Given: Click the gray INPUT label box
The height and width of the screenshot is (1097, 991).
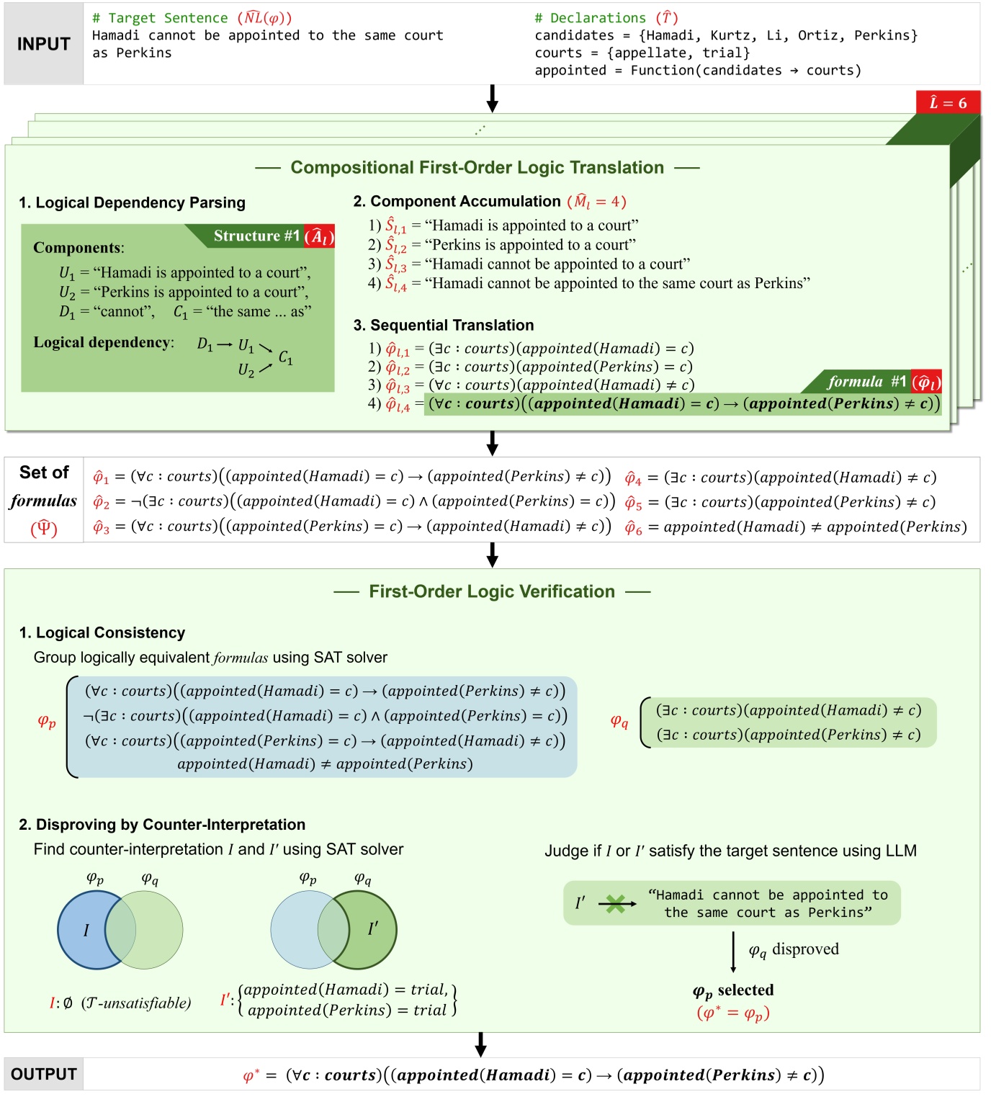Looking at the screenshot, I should pyautogui.click(x=43, y=44).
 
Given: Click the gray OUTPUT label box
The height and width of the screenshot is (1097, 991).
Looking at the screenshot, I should pyautogui.click(x=43, y=1074).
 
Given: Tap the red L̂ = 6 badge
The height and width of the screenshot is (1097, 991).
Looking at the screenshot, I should pyautogui.click(x=947, y=103).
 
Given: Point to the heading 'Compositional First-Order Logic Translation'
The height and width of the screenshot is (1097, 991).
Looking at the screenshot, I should pyautogui.click(x=477, y=168).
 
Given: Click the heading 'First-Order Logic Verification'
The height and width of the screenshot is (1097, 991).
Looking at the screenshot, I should pyautogui.click(x=492, y=591).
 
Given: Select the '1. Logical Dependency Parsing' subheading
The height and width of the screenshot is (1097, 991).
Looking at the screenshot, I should pyautogui.click(x=132, y=203).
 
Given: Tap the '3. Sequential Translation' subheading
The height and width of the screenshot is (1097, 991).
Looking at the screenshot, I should pyautogui.click(x=443, y=326).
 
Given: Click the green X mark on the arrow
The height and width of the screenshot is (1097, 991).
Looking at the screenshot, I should pyautogui.click(x=615, y=903).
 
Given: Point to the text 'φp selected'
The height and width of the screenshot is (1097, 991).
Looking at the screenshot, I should pyautogui.click(x=733, y=990).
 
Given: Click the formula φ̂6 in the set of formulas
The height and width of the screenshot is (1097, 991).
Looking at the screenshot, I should pyautogui.click(x=796, y=527).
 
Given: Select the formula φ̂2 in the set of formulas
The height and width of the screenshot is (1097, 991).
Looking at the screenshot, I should pyautogui.click(x=354, y=501).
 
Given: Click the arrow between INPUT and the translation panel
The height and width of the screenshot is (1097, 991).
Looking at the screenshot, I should pyautogui.click(x=492, y=98).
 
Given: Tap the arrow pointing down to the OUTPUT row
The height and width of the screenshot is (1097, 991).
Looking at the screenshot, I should pyautogui.click(x=480, y=1044).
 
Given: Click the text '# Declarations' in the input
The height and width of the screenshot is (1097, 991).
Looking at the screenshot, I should pyautogui.click(x=590, y=18).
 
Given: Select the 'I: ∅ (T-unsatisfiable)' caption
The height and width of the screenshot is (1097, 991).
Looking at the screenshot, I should pyautogui.click(x=120, y=1003).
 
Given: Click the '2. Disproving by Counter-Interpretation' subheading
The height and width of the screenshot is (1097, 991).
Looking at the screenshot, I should pyautogui.click(x=162, y=825).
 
